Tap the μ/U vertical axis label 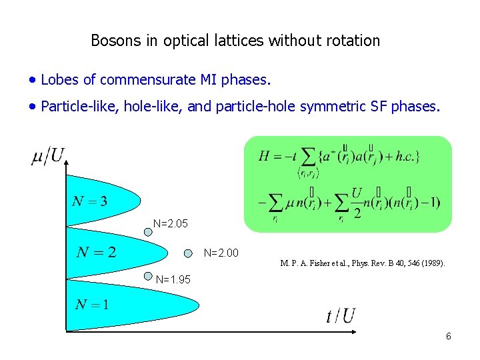click(x=48, y=157)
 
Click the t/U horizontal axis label click(x=340, y=315)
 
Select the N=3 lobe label click(x=90, y=201)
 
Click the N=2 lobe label click(x=96, y=252)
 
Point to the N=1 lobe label click(x=92, y=305)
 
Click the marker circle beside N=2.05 click(x=149, y=233)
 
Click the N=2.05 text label click(x=171, y=223)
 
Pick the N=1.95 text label click(x=173, y=280)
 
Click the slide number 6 click(x=448, y=337)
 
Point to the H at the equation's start click(x=265, y=157)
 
